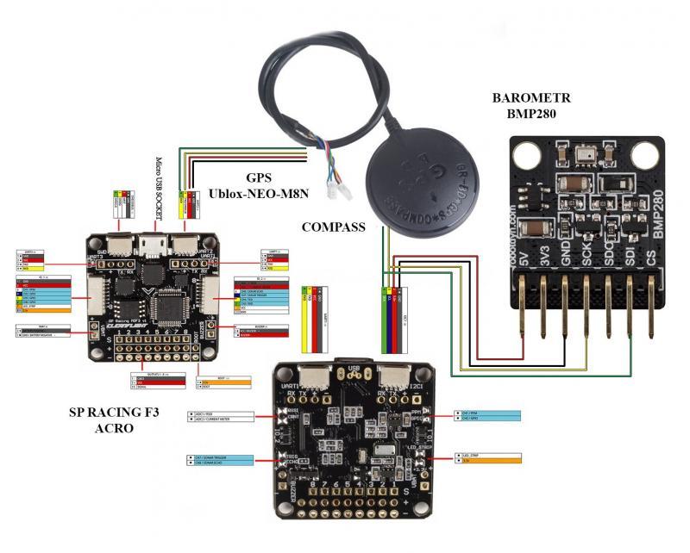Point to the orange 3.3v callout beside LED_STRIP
487,463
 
